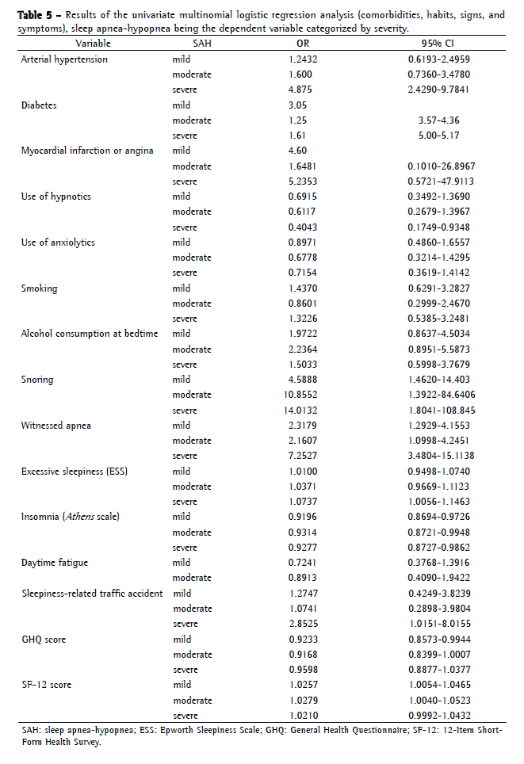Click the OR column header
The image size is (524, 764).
[x=298, y=44]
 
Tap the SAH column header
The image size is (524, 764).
[x=183, y=44]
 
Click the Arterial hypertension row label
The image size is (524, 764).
[x=64, y=59]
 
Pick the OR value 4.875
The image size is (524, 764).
[x=298, y=90]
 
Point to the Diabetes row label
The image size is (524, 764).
[x=38, y=105]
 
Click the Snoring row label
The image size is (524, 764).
[x=37, y=380]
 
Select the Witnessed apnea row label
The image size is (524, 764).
[x=56, y=426]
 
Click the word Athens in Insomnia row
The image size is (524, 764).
[x=83, y=517]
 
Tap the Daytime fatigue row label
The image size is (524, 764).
[x=55, y=563]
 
